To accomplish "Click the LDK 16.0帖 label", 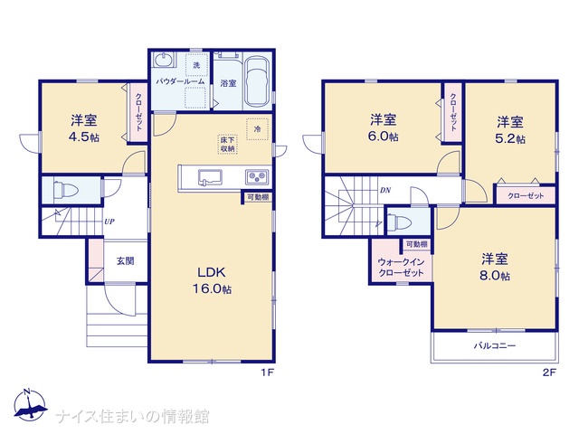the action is pyautogui.click(x=213, y=280).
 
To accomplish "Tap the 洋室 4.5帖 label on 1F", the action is pyautogui.click(x=84, y=128).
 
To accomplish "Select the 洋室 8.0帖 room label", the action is pyautogui.click(x=495, y=268).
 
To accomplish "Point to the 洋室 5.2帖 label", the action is pyautogui.click(x=510, y=130).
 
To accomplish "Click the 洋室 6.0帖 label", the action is pyautogui.click(x=384, y=127).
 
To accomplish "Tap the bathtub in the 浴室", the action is pyautogui.click(x=258, y=82).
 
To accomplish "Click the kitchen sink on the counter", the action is pyautogui.click(x=210, y=177).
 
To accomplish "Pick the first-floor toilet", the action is pyautogui.click(x=66, y=191).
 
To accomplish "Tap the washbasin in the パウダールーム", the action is pyautogui.click(x=163, y=60).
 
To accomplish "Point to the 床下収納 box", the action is pyautogui.click(x=227, y=145).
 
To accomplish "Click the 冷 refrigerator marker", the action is pyautogui.click(x=257, y=129).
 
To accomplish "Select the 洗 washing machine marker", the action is pyautogui.click(x=196, y=65).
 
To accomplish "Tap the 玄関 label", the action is pyautogui.click(x=126, y=261).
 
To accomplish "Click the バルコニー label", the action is pyautogui.click(x=495, y=345).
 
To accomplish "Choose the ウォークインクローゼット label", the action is pyautogui.click(x=401, y=268).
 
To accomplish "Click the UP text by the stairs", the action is pyautogui.click(x=109, y=222).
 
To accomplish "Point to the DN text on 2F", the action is pyautogui.click(x=385, y=191).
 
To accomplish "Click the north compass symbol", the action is pyautogui.click(x=30, y=404).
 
